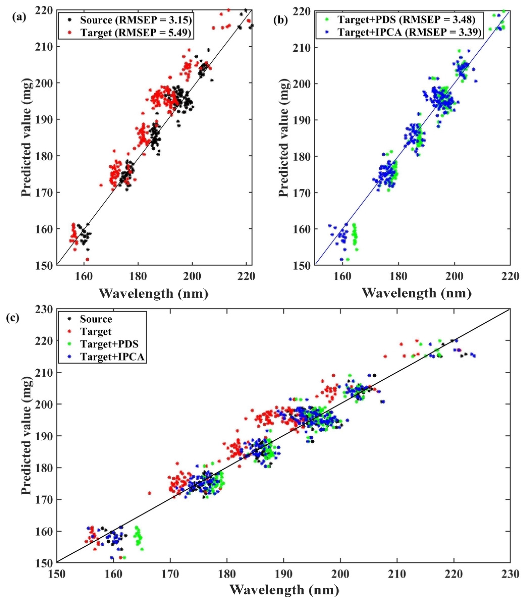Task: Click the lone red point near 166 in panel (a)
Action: tap(101, 185)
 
